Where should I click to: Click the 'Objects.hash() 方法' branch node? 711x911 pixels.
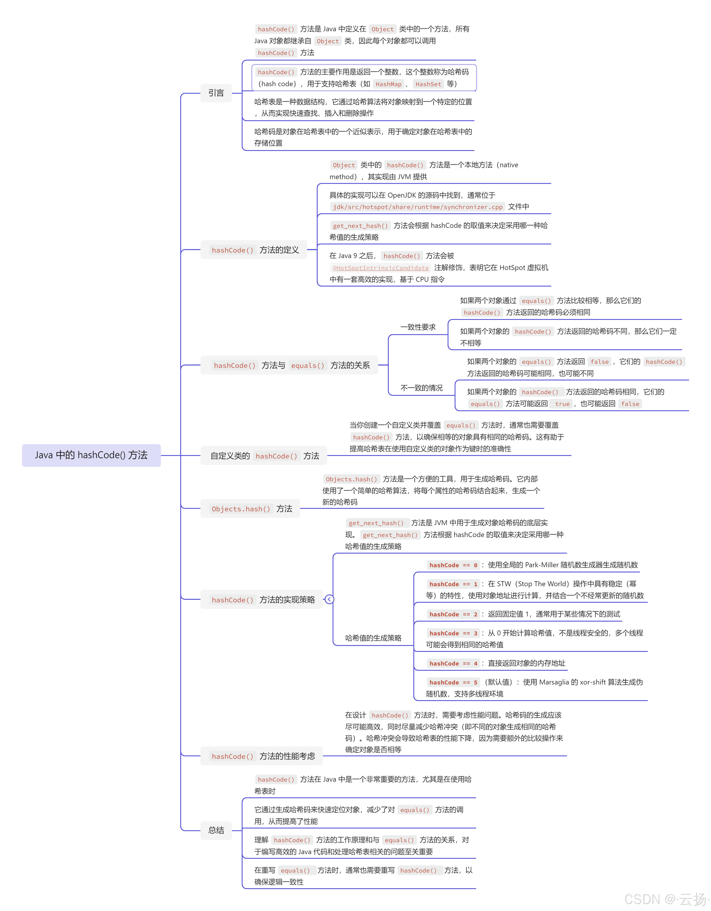(x=250, y=508)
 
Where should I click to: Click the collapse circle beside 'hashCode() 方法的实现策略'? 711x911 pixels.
(x=329, y=599)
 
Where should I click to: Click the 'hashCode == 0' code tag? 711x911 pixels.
(x=453, y=565)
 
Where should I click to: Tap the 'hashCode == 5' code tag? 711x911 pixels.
(x=453, y=682)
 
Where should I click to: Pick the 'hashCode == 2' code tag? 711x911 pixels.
(x=453, y=614)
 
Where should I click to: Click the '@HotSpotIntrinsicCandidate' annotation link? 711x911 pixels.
(x=381, y=268)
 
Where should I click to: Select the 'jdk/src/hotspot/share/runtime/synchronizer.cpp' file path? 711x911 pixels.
(x=417, y=207)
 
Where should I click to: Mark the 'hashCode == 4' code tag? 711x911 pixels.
(x=453, y=664)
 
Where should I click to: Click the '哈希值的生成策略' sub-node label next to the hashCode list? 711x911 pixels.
(x=373, y=638)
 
